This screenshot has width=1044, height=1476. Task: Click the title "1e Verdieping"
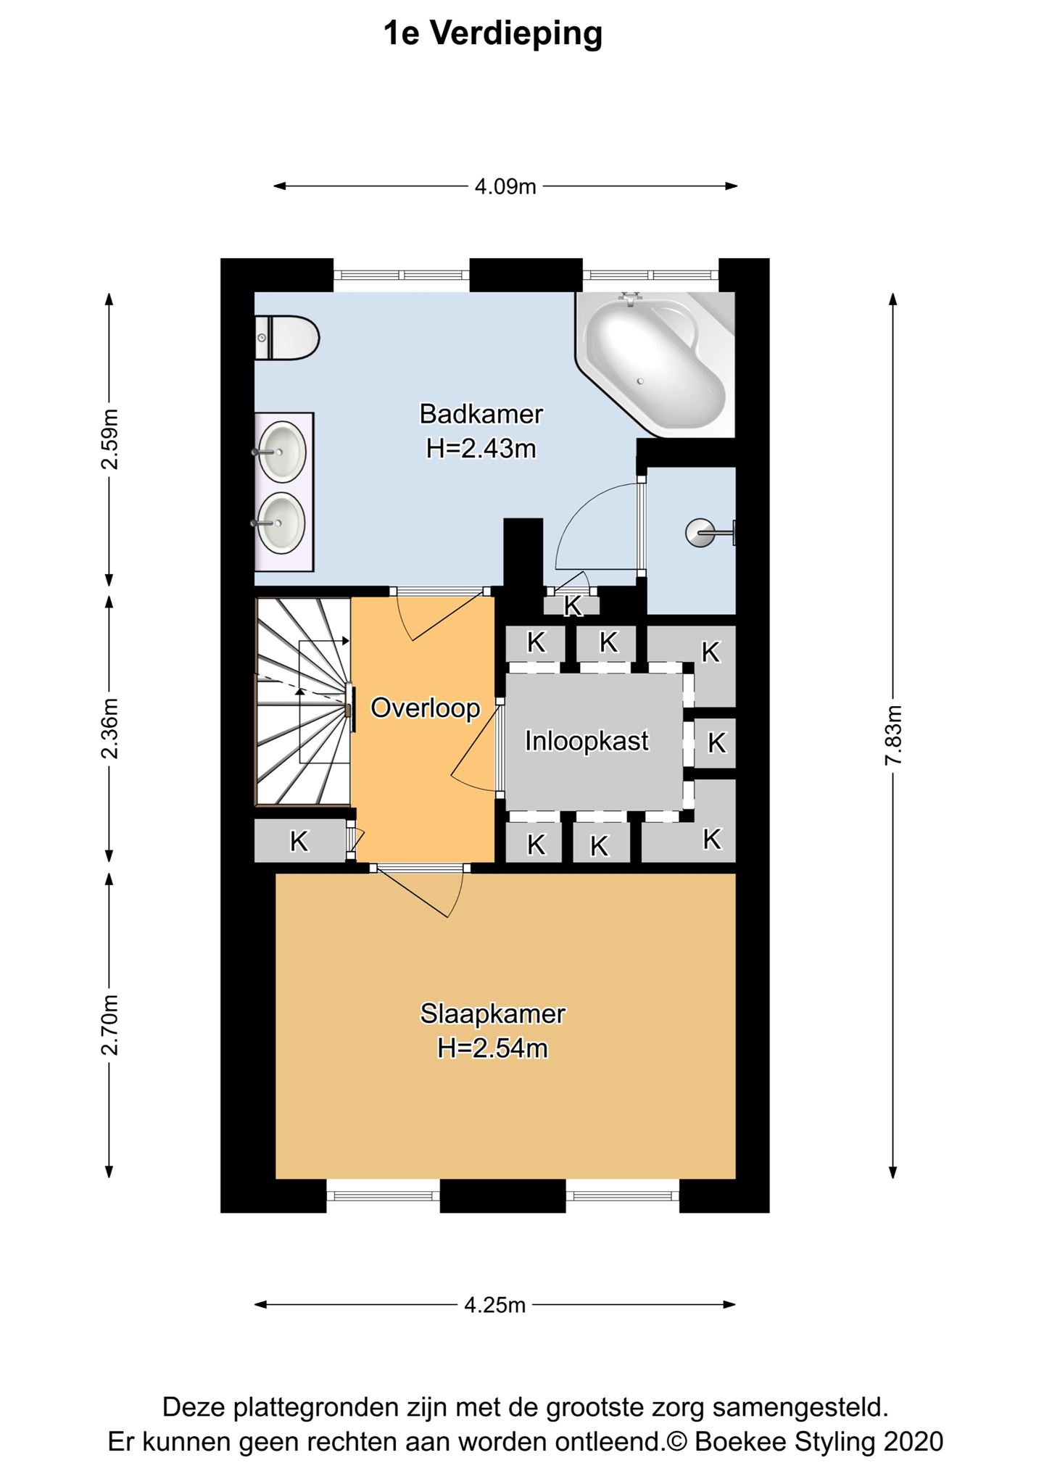493,34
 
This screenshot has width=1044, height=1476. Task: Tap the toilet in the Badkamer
287,338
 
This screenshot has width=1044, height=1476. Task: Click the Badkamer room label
481,414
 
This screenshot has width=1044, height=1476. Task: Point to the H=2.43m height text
481,449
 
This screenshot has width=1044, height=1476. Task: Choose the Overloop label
426,708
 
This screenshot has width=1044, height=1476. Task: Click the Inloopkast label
587,742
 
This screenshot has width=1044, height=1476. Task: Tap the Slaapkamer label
492,1013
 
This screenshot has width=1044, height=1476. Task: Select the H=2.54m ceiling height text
492,1048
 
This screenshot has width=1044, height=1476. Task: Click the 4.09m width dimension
505,187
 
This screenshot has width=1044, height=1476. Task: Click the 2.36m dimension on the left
109,729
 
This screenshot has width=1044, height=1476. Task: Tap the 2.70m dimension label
109,1025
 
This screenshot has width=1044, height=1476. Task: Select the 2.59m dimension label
109,439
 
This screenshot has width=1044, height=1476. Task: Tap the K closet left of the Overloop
299,841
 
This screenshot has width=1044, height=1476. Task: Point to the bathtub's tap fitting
631,297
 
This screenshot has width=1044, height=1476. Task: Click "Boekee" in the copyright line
740,1440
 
